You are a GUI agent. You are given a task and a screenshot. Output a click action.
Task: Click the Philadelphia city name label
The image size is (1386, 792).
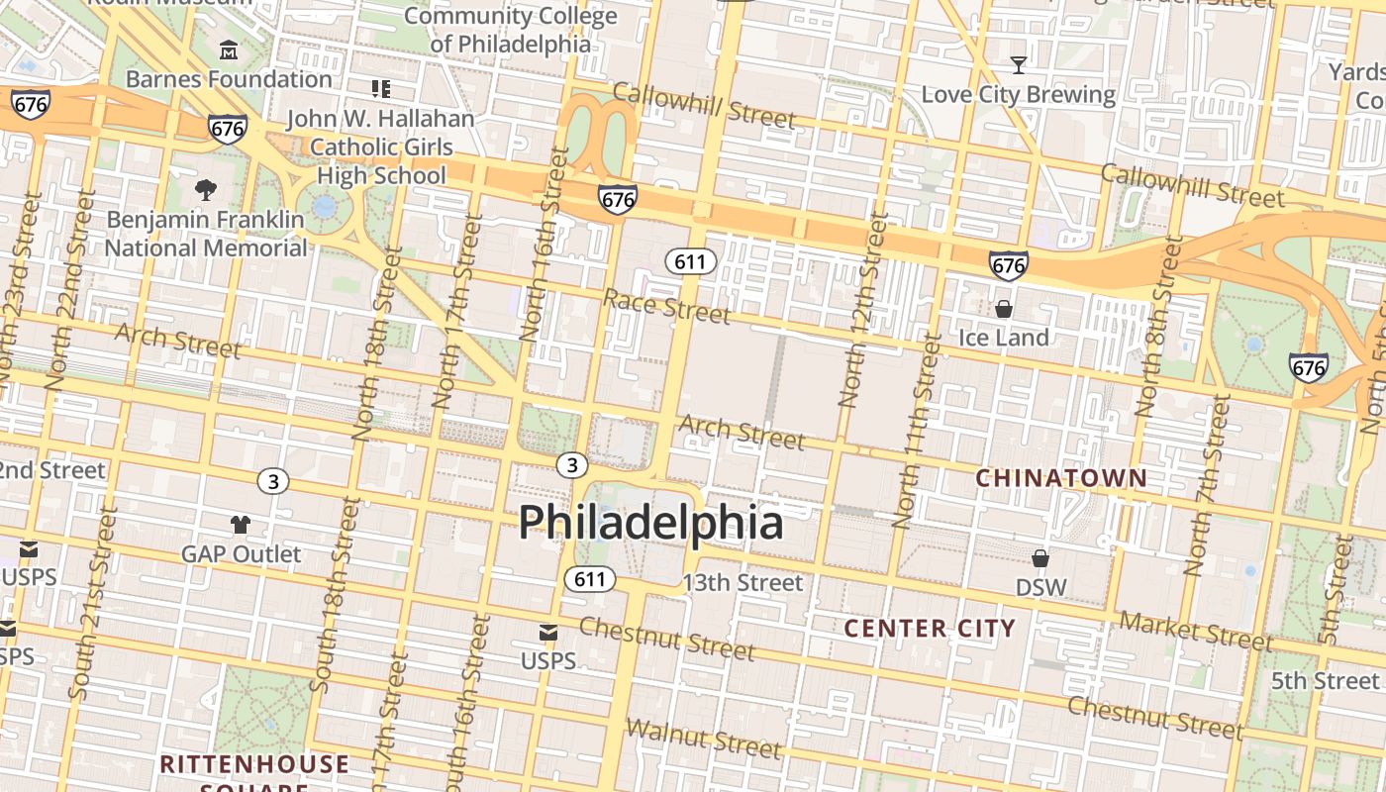click(x=650, y=522)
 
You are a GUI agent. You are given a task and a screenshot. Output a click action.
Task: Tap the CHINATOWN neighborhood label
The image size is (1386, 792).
click(x=1061, y=478)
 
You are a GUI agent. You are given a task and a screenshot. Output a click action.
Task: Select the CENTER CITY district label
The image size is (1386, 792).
click(x=930, y=628)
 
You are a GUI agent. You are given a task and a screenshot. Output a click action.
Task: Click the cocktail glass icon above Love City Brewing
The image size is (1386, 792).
click(x=1018, y=65)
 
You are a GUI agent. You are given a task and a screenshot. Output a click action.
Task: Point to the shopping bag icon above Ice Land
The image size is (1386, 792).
click(x=1004, y=309)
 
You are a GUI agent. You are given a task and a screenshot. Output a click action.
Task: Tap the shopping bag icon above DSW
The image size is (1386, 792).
click(x=1040, y=558)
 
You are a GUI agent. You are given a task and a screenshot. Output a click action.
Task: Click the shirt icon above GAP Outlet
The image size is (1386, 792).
click(x=241, y=525)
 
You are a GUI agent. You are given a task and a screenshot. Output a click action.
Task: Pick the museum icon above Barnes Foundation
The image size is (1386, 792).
click(x=230, y=49)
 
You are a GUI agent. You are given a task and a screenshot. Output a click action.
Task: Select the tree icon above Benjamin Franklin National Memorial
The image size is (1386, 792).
click(x=206, y=189)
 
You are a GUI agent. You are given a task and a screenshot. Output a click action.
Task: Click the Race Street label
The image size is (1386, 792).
click(x=666, y=306)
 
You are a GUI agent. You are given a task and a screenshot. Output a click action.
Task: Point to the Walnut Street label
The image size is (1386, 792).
click(x=703, y=737)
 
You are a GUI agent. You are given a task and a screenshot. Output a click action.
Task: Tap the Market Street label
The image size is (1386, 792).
click(x=1195, y=631)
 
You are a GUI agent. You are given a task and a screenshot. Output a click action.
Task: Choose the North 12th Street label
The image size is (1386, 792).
click(x=862, y=310)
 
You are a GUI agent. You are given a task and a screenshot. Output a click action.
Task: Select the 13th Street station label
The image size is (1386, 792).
click(x=742, y=582)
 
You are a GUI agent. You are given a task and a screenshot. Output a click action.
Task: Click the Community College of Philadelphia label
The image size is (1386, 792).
click(x=510, y=30)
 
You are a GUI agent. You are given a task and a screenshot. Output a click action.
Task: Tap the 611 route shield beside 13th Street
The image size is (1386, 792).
click(x=590, y=579)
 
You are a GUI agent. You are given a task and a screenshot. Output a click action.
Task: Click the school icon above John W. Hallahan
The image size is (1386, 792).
click(x=381, y=89)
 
